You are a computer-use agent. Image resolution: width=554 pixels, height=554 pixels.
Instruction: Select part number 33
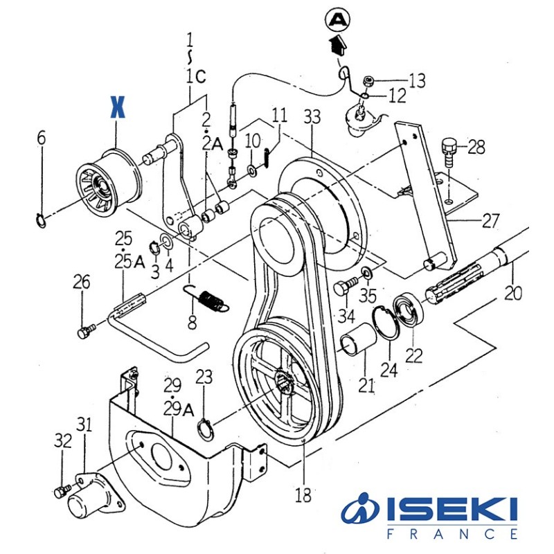[312, 117]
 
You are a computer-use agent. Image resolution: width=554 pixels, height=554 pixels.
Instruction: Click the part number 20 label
[512, 292]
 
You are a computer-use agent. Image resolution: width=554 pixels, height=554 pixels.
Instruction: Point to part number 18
[303, 495]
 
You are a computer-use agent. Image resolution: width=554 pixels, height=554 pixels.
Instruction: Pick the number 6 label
[42, 138]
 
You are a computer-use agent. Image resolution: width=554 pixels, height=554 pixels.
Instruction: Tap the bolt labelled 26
[84, 333]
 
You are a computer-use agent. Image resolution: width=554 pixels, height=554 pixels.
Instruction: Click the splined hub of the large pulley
[283, 381]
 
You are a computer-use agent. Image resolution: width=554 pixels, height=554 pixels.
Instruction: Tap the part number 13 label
[417, 81]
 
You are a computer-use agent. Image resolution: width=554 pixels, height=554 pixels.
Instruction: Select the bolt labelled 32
[61, 492]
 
